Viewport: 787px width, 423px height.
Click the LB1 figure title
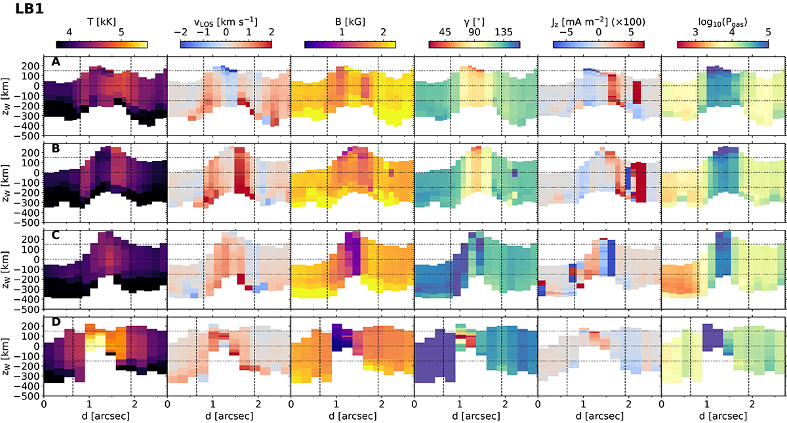tap(20, 10)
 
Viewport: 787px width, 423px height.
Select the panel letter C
tap(56, 234)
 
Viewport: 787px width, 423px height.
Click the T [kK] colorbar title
tap(102, 21)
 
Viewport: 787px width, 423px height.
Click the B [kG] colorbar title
tap(350, 21)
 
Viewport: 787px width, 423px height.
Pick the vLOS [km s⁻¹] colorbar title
tap(226, 21)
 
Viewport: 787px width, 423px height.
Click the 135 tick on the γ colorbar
tap(503, 32)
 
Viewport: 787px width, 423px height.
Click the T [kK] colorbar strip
tap(102, 45)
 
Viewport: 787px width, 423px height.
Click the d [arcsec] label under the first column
tap(105, 415)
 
